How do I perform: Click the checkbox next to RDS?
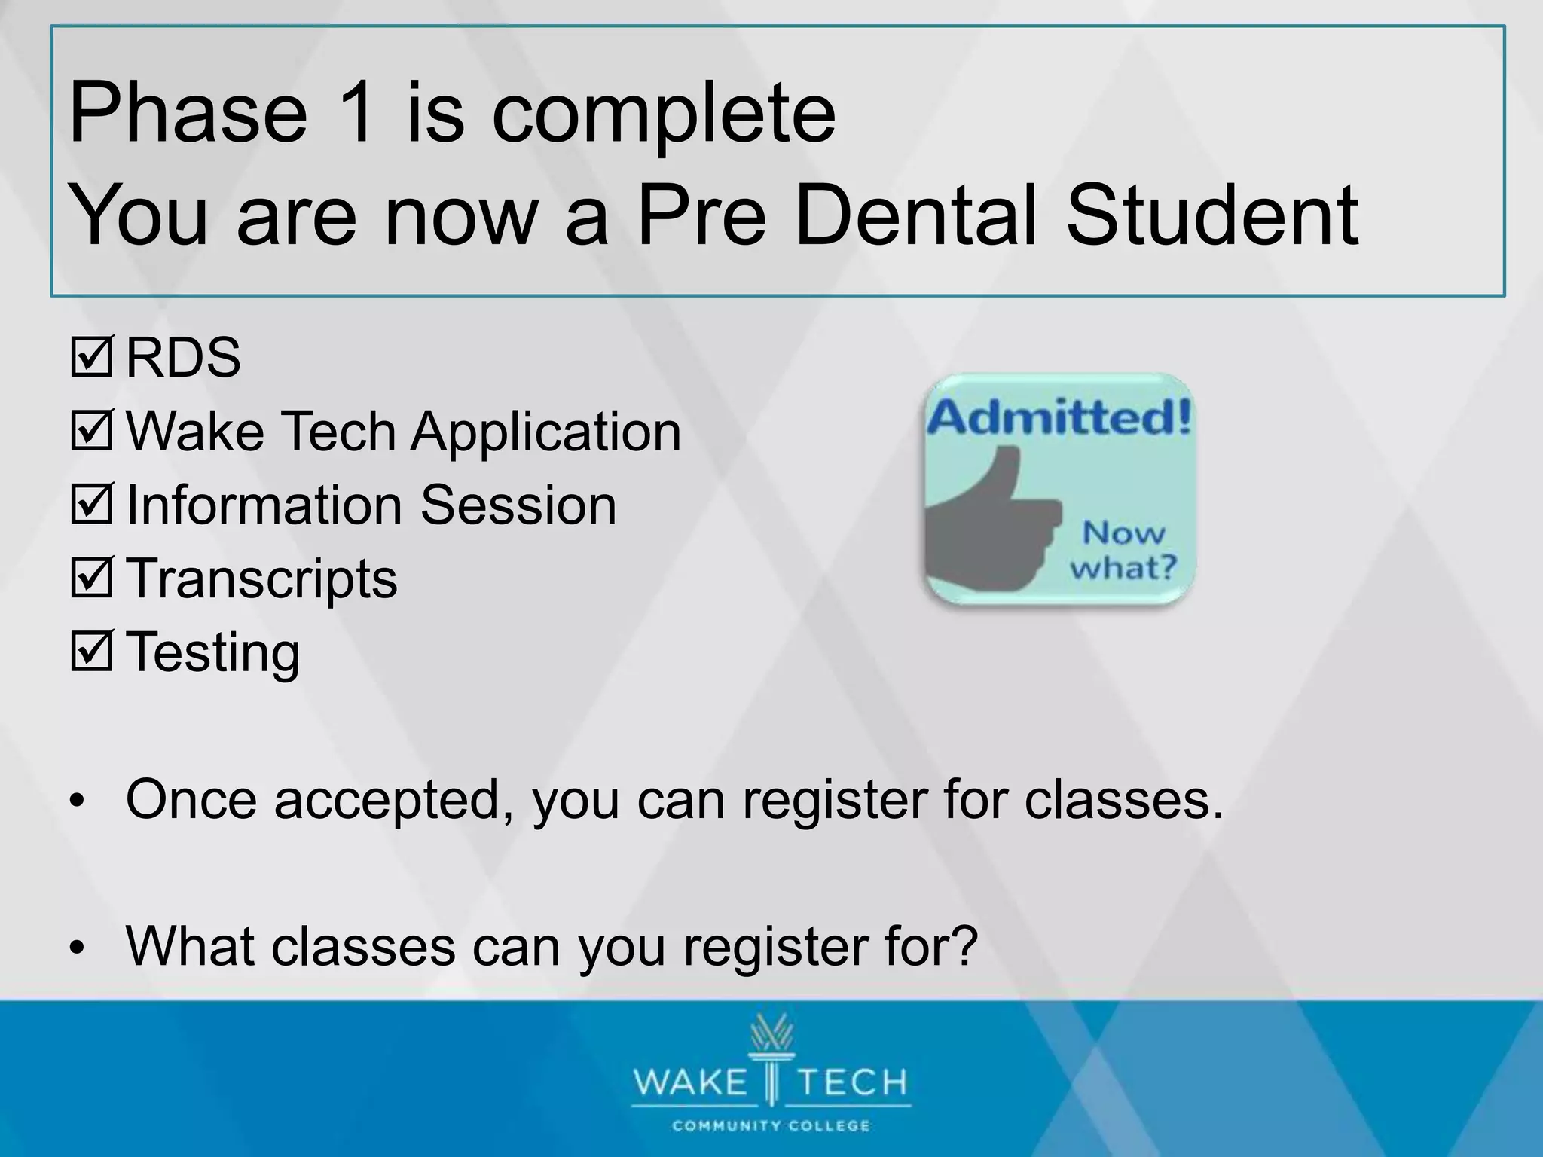click(91, 358)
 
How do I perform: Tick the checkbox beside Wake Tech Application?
click(91, 432)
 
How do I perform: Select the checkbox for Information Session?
click(91, 505)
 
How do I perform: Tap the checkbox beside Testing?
click(91, 652)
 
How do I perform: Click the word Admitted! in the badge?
click(1059, 417)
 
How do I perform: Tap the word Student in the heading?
click(1212, 215)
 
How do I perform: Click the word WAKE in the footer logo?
click(689, 1082)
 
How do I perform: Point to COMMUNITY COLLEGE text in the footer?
click(771, 1126)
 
